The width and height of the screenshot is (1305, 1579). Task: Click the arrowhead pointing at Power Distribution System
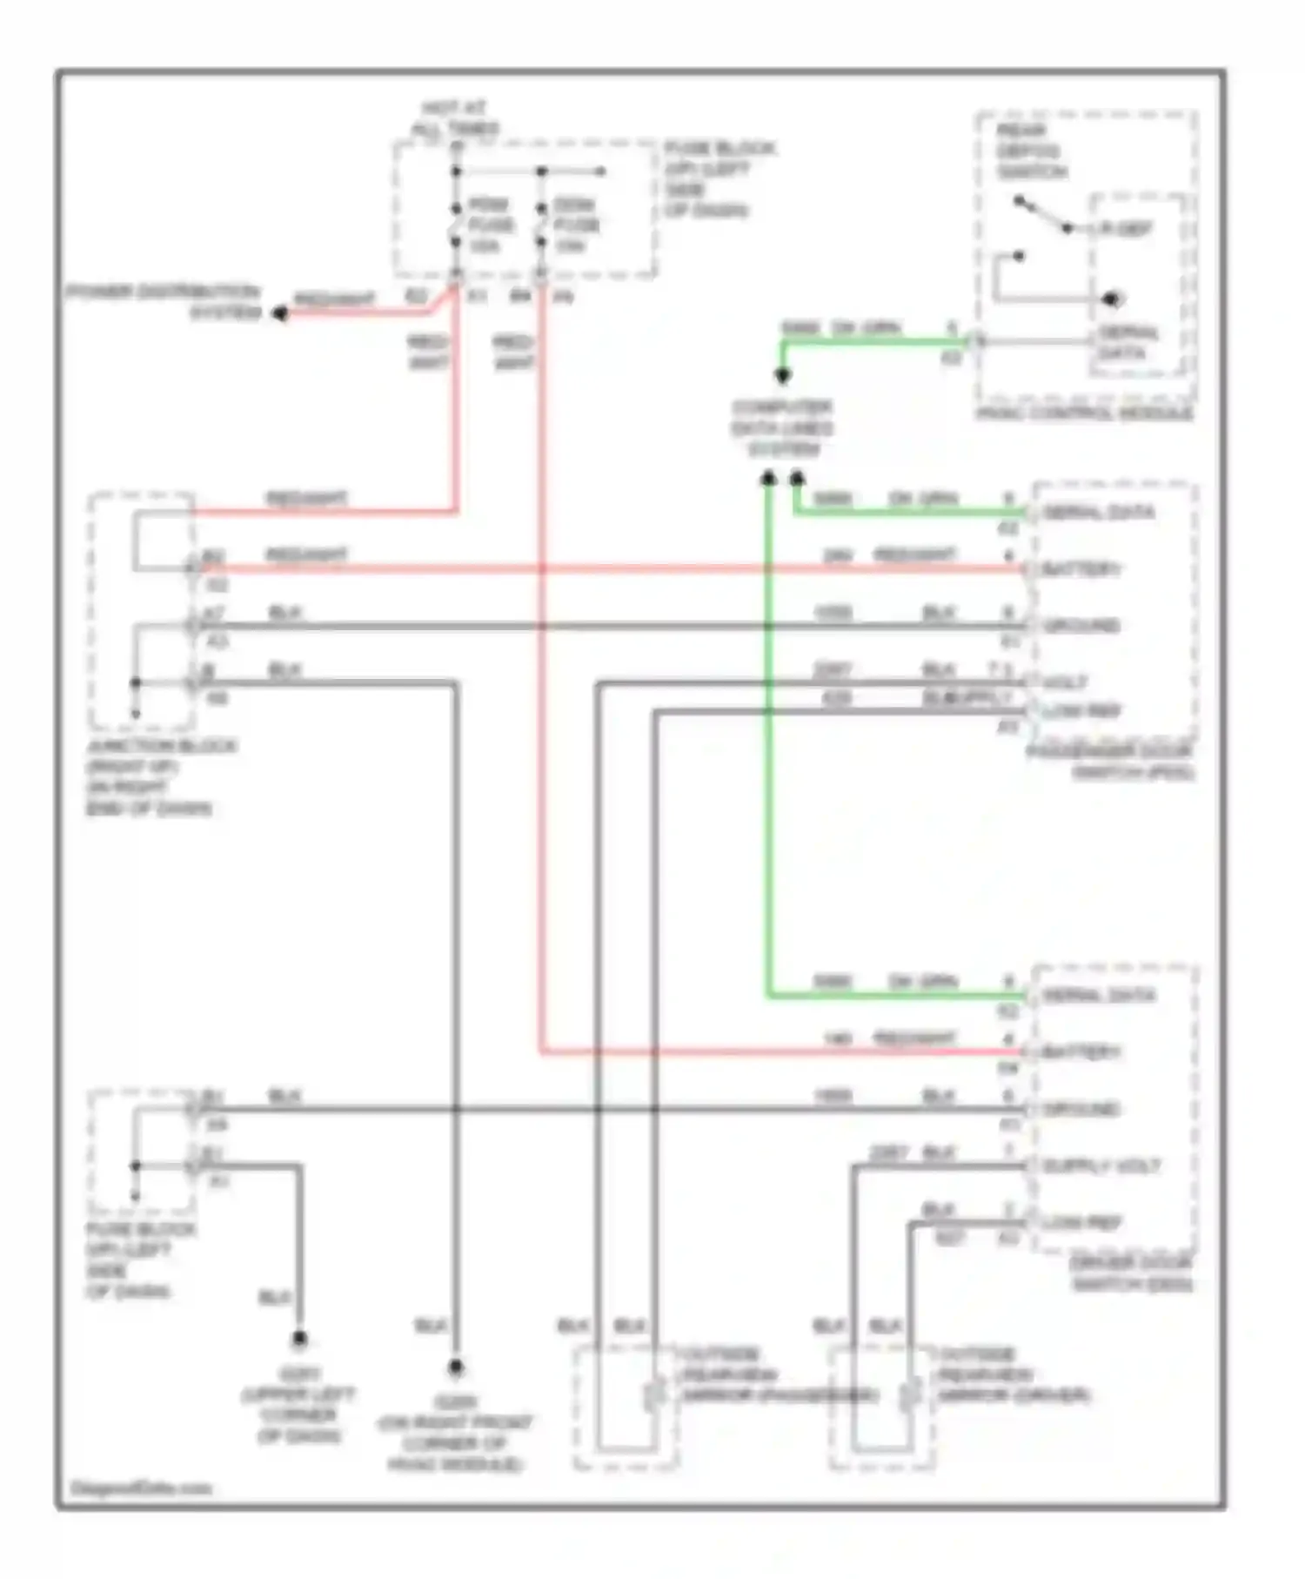[x=280, y=313]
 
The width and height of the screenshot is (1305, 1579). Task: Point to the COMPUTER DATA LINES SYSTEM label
[x=781, y=428]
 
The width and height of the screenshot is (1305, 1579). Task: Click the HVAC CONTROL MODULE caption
[x=1084, y=413]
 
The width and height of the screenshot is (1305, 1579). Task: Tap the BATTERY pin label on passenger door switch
[x=1081, y=569]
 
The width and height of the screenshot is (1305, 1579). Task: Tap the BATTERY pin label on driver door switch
[x=1081, y=1052]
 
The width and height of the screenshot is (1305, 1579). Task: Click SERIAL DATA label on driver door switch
[x=1098, y=996]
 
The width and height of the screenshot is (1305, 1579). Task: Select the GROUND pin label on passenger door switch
[x=1081, y=626]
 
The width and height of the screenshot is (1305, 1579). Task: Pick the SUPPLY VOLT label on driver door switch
[x=1101, y=1166]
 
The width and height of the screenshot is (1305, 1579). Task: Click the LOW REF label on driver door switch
[x=1081, y=1223]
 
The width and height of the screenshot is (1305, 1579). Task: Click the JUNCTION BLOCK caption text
[x=161, y=776]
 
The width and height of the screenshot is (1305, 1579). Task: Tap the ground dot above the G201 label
[x=299, y=1339]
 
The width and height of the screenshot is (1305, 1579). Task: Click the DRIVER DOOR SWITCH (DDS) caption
[x=1131, y=1273]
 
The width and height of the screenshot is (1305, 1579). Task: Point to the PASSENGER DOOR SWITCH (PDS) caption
[x=1111, y=762]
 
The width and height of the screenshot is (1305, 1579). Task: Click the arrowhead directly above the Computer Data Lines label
[x=782, y=376]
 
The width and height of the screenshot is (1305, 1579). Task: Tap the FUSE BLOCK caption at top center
[x=718, y=179]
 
